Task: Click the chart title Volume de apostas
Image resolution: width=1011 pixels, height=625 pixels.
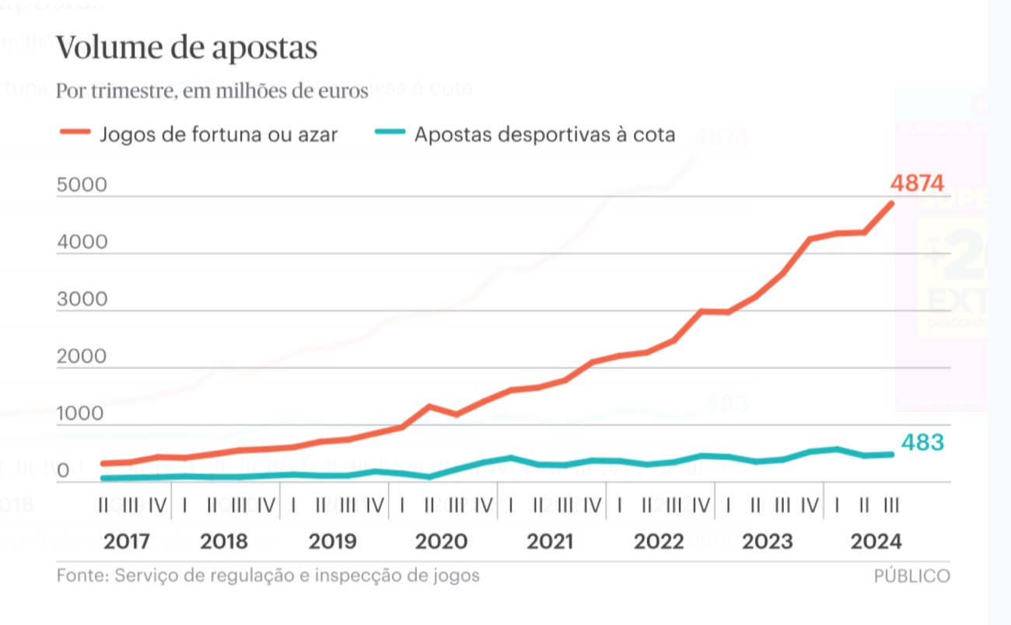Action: (x=187, y=48)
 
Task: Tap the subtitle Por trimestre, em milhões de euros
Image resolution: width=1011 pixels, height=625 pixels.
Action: (x=212, y=92)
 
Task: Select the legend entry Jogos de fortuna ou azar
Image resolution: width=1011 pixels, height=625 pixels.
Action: (x=219, y=134)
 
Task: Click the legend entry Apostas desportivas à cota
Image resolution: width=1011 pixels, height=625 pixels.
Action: (x=544, y=134)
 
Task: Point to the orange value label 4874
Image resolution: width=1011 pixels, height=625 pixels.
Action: (x=918, y=183)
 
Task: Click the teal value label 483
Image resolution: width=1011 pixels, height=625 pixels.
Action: (x=922, y=442)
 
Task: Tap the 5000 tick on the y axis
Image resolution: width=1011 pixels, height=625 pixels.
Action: (x=82, y=186)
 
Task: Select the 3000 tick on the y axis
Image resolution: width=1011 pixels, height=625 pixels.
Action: (x=82, y=300)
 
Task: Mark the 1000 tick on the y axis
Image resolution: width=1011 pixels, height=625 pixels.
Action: (x=80, y=414)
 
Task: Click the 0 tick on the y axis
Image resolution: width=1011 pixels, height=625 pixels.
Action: (x=62, y=471)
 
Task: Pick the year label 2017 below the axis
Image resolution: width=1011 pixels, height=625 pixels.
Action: (x=127, y=541)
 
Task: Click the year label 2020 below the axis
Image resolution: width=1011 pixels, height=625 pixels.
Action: (x=442, y=541)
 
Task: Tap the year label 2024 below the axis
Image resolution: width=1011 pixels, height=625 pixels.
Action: (x=876, y=541)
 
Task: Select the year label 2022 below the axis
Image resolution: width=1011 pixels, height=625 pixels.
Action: (x=659, y=541)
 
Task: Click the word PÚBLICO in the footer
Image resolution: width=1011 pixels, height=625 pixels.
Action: (x=911, y=576)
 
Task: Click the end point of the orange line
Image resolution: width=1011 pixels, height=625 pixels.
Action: (x=891, y=204)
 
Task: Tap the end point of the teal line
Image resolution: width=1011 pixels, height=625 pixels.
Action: (x=891, y=454)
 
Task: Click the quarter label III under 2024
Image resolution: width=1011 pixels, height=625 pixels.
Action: (x=891, y=506)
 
